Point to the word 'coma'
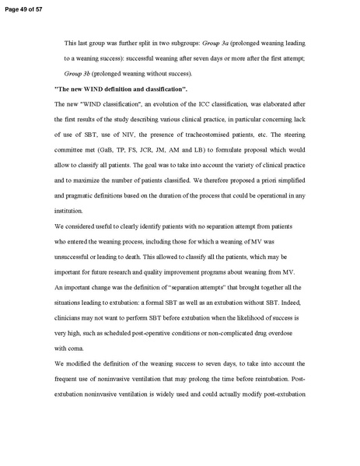(80, 348)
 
